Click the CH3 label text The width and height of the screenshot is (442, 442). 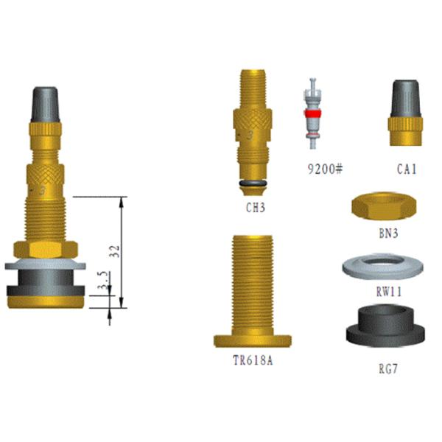pos(255,208)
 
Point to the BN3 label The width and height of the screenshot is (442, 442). pos(387,234)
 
